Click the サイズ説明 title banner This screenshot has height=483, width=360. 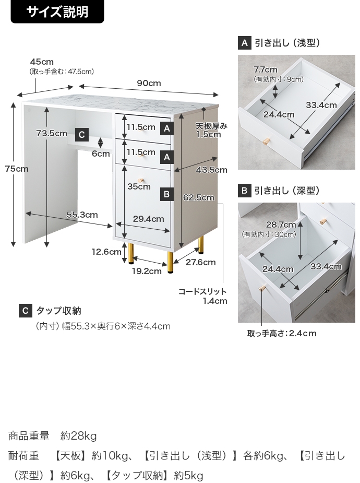(x=57, y=11)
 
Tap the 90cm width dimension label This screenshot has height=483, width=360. (x=149, y=83)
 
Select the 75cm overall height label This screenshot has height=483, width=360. (x=17, y=169)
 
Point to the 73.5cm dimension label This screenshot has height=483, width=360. (x=51, y=133)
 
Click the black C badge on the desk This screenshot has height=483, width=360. (x=82, y=135)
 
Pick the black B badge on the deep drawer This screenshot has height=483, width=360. (x=167, y=194)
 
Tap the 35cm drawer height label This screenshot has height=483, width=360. (x=139, y=186)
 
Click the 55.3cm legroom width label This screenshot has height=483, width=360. (x=82, y=215)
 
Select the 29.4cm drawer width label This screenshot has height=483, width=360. (x=148, y=219)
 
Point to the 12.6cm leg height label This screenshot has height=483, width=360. (x=106, y=252)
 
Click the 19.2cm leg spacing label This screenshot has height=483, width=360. (x=147, y=271)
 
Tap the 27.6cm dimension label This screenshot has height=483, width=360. (x=201, y=262)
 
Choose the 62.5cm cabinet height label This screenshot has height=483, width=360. (x=198, y=197)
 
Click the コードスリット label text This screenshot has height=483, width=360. (x=202, y=291)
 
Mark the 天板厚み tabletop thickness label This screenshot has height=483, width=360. (x=212, y=126)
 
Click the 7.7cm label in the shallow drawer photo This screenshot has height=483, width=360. (x=265, y=69)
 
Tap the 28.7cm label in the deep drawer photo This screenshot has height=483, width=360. (x=281, y=225)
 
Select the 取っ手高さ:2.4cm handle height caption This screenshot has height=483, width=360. (x=282, y=333)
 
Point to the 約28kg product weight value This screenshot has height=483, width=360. (x=79, y=436)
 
